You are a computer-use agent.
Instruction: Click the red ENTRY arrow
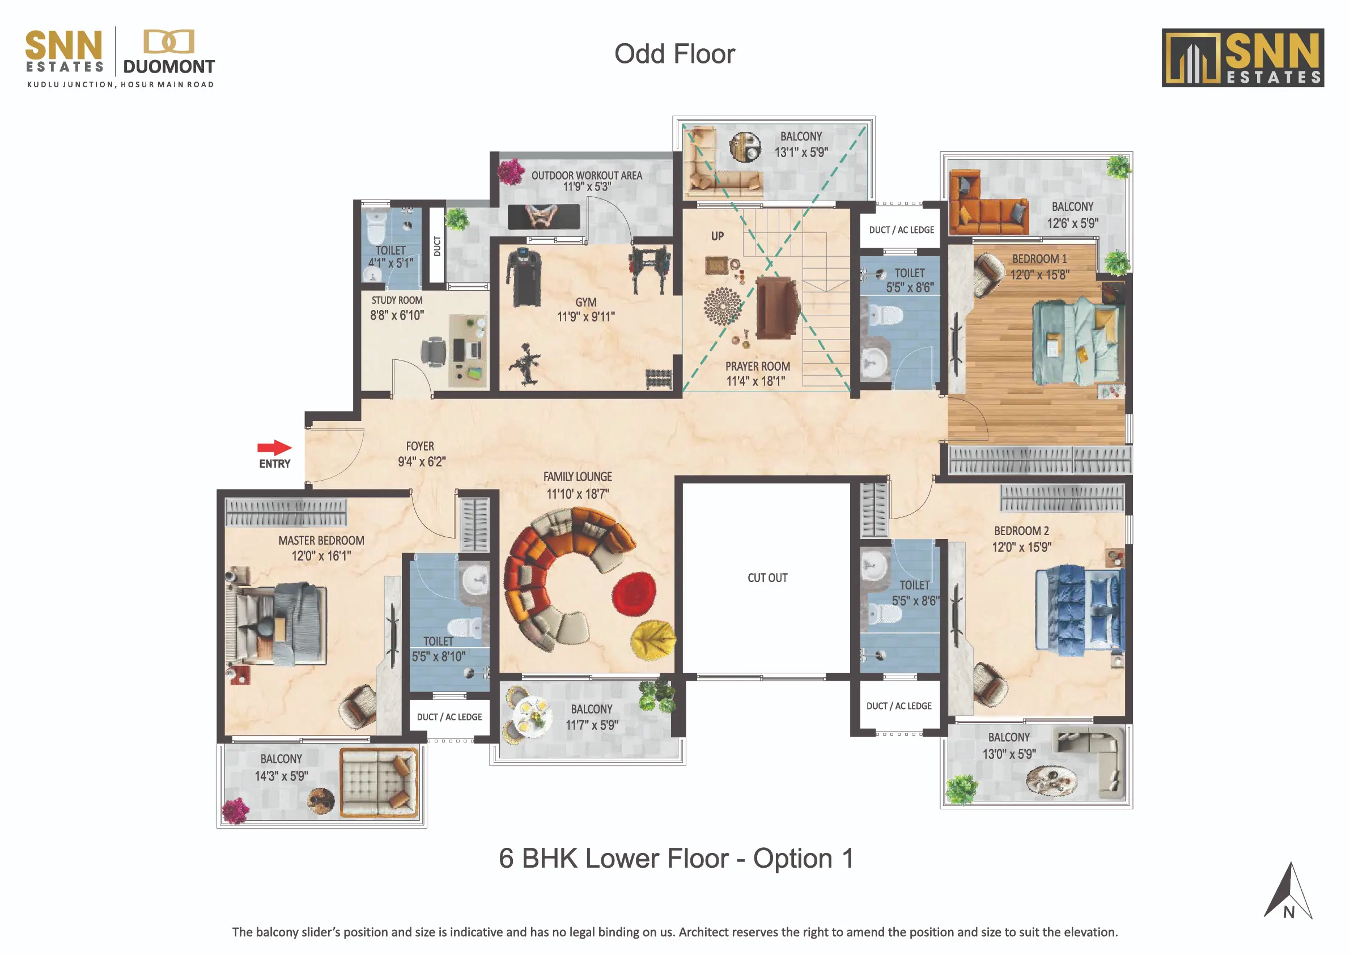click(x=274, y=448)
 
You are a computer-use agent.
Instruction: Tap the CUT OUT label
click(x=767, y=578)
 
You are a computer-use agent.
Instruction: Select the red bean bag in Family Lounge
click(x=634, y=594)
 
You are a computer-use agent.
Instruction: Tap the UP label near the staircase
click(x=718, y=236)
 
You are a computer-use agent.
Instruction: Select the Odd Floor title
click(x=674, y=54)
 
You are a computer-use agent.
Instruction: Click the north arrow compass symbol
click(x=1289, y=891)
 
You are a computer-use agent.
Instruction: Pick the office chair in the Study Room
click(x=434, y=352)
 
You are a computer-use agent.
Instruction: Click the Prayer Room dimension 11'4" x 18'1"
click(x=755, y=381)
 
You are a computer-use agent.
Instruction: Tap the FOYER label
click(x=420, y=447)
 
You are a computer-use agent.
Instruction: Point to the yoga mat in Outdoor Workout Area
click(x=544, y=217)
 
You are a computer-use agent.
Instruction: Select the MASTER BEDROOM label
click(x=321, y=541)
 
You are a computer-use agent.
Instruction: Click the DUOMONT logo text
click(x=169, y=66)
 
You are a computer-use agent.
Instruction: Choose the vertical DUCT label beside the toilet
click(x=437, y=247)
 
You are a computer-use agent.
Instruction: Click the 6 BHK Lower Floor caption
click(x=676, y=859)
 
